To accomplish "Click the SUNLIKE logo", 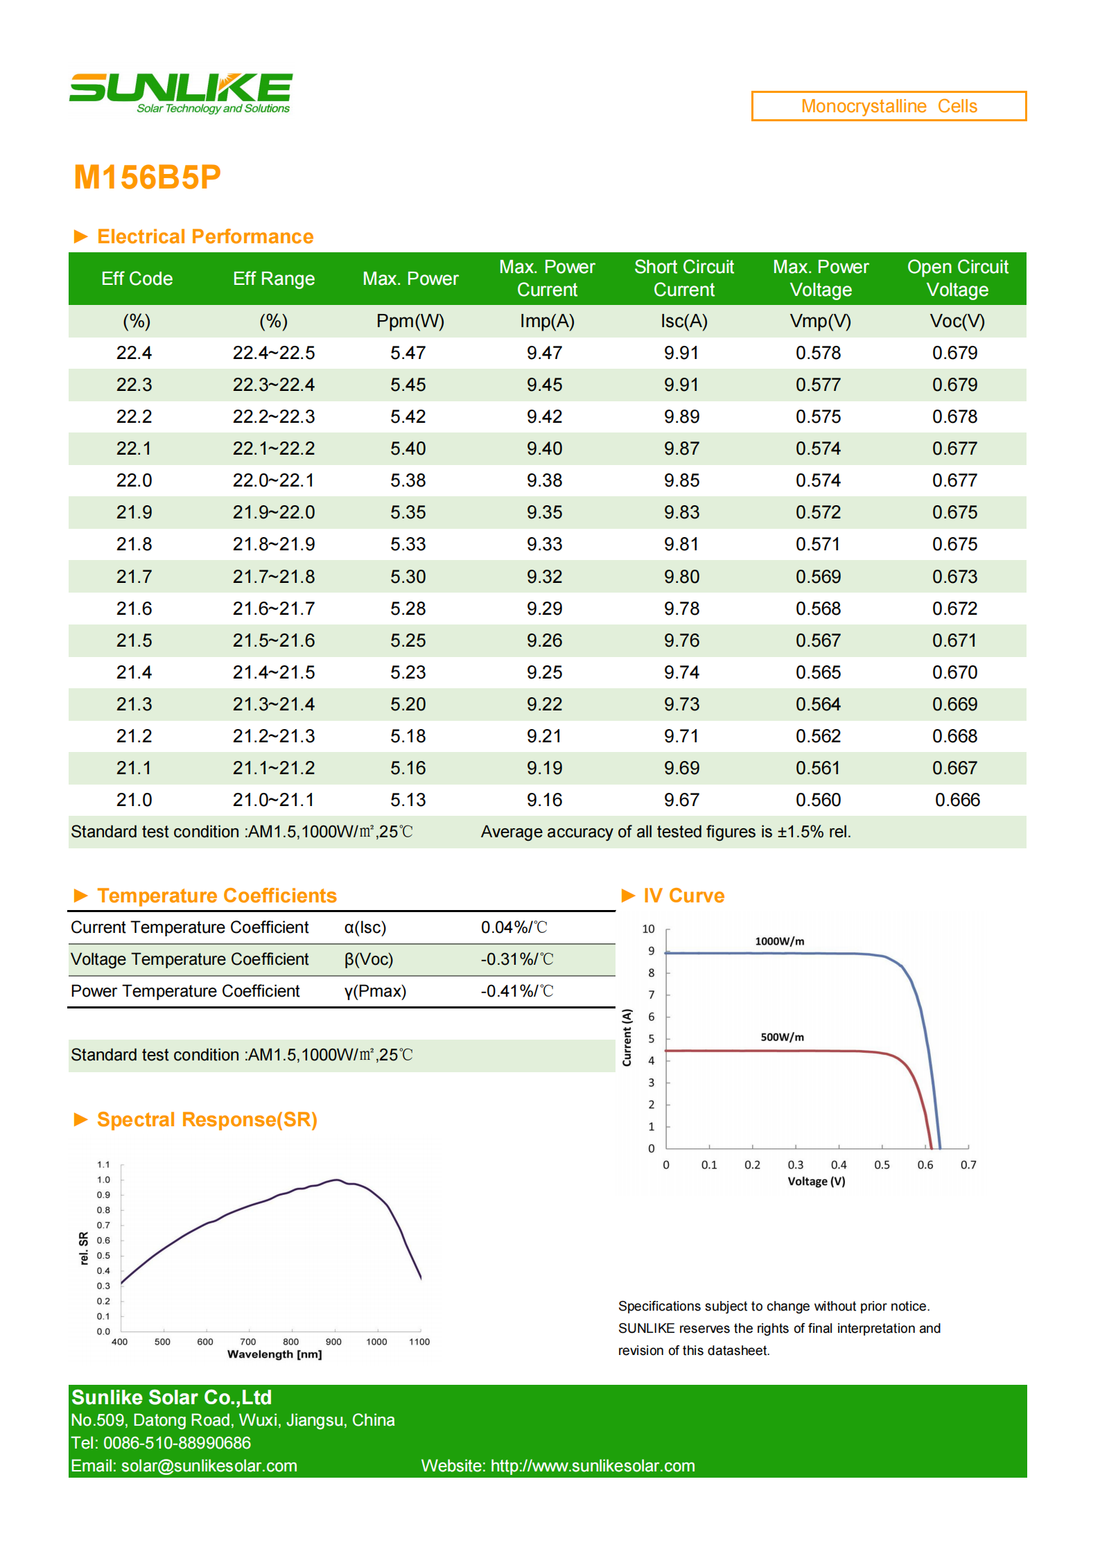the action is [x=181, y=93].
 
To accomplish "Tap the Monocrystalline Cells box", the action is [x=889, y=106].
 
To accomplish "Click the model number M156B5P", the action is [x=147, y=177].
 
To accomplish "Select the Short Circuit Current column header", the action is [x=684, y=278].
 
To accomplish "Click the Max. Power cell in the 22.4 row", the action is [x=408, y=353].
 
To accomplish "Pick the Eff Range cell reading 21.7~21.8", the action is [x=274, y=577].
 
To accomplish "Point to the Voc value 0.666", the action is [x=957, y=800].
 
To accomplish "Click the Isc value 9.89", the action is [x=681, y=417].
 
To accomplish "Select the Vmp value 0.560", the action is [x=818, y=800].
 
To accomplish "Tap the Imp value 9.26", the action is [x=544, y=640].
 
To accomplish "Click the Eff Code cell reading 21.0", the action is [x=134, y=800].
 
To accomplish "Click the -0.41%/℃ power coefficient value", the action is [x=517, y=991].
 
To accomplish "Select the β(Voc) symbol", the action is [x=369, y=959].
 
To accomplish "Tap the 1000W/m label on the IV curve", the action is [x=780, y=941].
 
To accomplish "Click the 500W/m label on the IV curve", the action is [x=783, y=1037].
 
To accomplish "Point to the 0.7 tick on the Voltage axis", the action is [x=968, y=1165].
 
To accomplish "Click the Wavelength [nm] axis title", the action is [x=274, y=1354].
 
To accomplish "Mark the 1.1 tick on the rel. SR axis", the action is [x=103, y=1165].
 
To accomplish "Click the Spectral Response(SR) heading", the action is [x=207, y=1119].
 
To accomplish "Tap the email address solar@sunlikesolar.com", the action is [x=209, y=1466].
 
